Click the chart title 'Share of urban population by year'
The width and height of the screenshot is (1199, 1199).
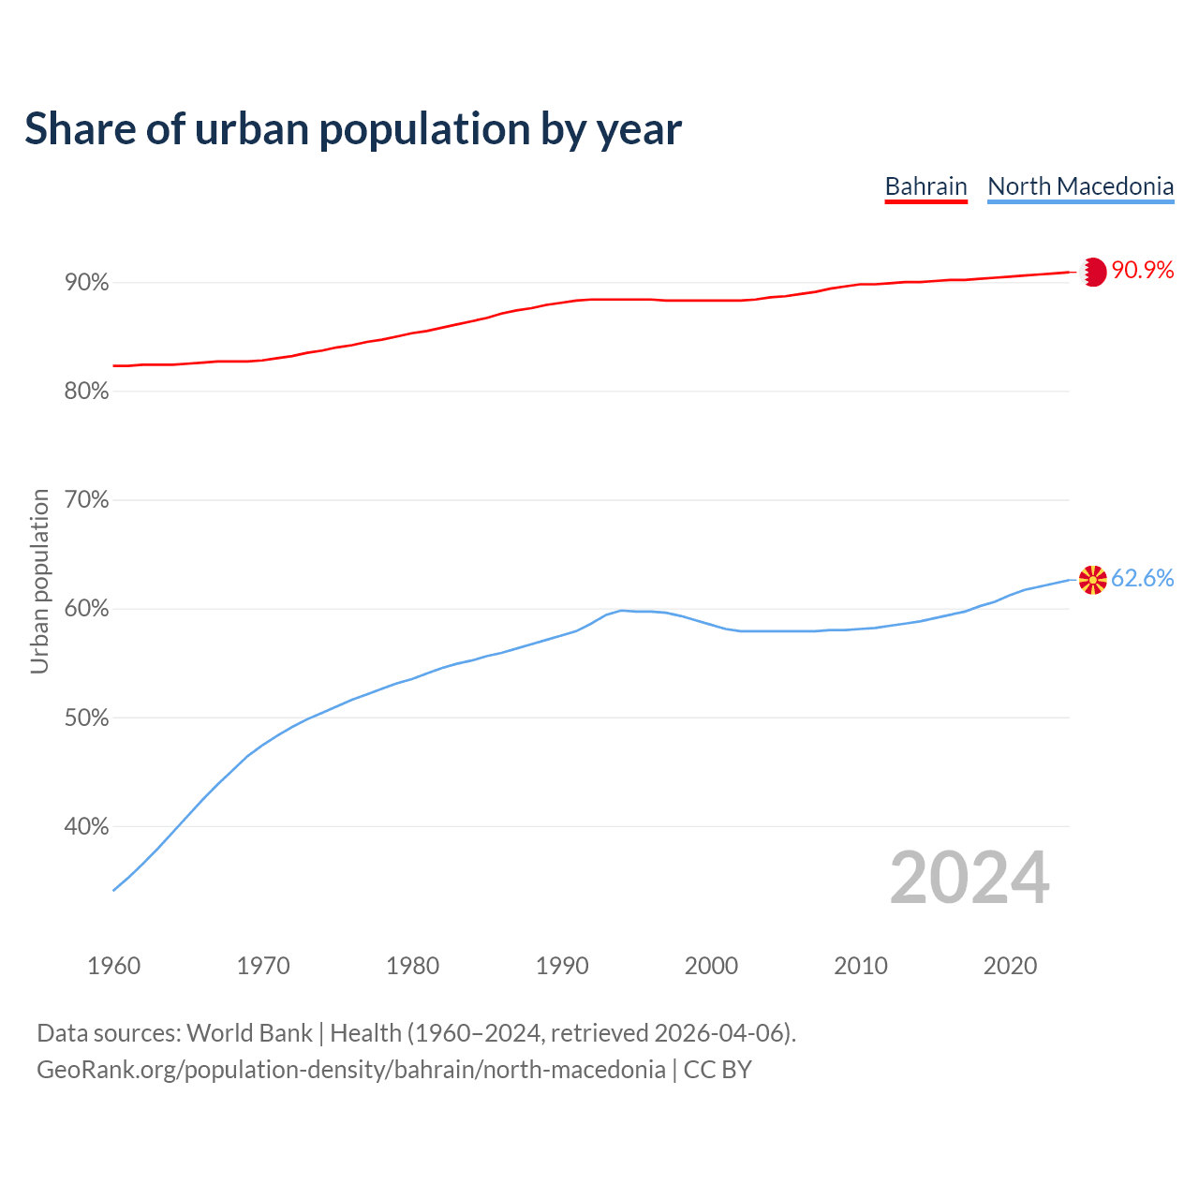pos(353,129)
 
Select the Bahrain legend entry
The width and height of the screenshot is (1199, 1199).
pos(925,186)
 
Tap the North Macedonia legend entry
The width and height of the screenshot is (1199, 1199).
pos(1080,186)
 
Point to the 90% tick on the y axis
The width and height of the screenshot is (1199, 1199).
pos(87,283)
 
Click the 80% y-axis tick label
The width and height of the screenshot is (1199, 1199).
pos(87,392)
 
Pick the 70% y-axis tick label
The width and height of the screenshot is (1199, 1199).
pos(87,500)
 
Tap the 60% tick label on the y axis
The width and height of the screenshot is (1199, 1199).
pos(87,609)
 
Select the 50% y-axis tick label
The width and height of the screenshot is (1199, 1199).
pos(87,718)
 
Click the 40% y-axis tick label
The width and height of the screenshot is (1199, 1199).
pos(87,827)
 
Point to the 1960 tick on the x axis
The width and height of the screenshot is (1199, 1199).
pos(113,966)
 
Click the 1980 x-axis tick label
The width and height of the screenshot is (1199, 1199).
pos(412,966)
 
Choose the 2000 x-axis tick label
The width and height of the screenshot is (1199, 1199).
pos(711,966)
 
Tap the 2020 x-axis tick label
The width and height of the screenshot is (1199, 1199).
pos(1010,966)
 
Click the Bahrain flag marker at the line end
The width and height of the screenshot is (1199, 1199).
pos(1093,272)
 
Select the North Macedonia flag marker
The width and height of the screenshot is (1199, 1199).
pos(1093,580)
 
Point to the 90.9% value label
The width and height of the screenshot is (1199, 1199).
pos(1143,271)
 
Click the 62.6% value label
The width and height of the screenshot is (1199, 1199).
pos(1143,579)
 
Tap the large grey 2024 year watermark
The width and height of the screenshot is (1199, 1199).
pos(970,878)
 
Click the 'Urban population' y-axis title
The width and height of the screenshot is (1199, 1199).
pos(40,582)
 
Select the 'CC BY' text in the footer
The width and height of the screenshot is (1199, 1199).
pos(718,1070)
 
